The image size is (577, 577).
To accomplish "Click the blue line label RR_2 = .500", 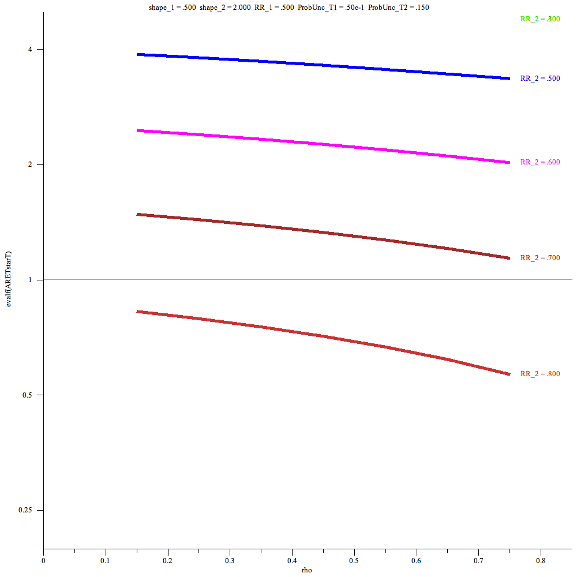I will pyautogui.click(x=540, y=78).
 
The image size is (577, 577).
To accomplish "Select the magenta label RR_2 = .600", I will pyautogui.click(x=540, y=162).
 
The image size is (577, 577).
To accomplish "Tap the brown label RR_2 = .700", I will pyautogui.click(x=540, y=258).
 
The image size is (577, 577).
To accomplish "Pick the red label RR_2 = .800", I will pyautogui.click(x=540, y=374).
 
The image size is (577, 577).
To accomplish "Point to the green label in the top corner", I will pyautogui.click(x=540, y=19).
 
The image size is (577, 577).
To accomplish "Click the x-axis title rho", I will pyautogui.click(x=307, y=570).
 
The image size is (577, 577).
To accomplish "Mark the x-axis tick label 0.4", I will pyautogui.click(x=292, y=560).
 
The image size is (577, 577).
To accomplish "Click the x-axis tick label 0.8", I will pyautogui.click(x=541, y=560).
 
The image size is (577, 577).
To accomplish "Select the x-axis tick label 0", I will pyautogui.click(x=43, y=560).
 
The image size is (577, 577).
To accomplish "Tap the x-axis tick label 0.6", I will pyautogui.click(x=416, y=560).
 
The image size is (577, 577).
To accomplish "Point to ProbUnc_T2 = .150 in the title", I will pyautogui.click(x=398, y=8).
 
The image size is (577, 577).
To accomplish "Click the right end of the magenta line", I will pyautogui.click(x=509, y=163).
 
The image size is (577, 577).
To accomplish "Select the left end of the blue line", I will pyautogui.click(x=137, y=54).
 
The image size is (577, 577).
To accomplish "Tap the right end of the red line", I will pyautogui.click(x=509, y=374).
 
